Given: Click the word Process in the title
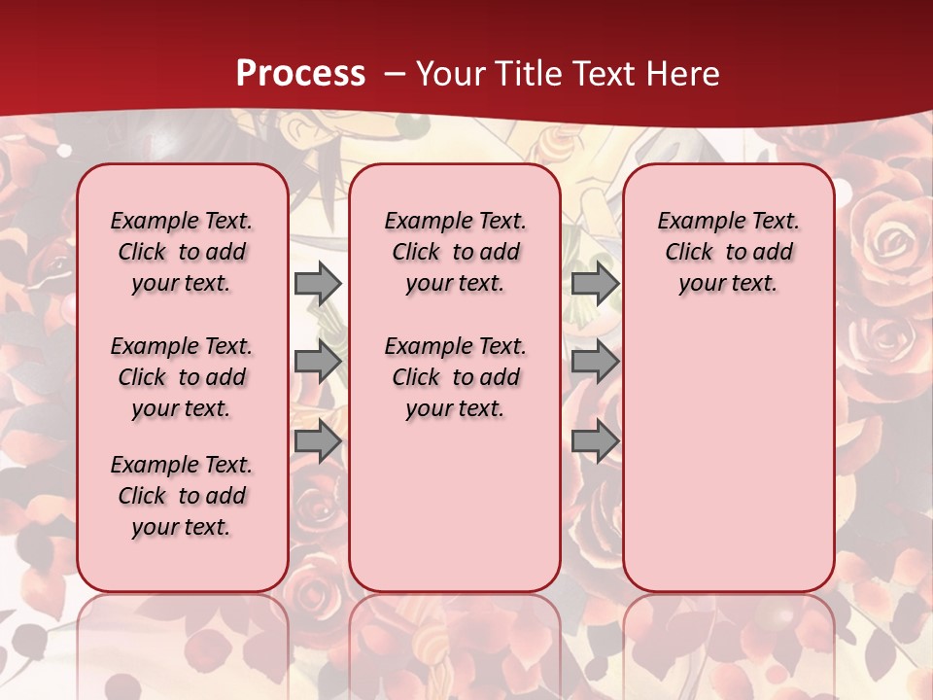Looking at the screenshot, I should [x=300, y=74].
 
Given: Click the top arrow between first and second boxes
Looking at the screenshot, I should [x=318, y=283].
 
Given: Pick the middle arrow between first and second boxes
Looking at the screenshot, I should [x=318, y=362].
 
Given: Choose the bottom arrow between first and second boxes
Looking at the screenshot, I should [x=318, y=441].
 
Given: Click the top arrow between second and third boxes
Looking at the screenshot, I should [x=595, y=283].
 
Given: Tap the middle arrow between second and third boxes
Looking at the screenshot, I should [x=595, y=362].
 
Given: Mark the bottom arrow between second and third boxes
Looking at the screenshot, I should [x=595, y=441].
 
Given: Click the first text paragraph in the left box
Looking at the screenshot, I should [x=182, y=252].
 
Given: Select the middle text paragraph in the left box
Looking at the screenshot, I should [x=182, y=377].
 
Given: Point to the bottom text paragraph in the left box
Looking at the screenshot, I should [x=182, y=496].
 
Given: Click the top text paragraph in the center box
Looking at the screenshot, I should [x=455, y=252].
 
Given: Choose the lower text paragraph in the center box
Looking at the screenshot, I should [x=455, y=377].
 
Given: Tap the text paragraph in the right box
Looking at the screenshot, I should [x=729, y=252].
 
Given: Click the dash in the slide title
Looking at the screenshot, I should [x=395, y=74].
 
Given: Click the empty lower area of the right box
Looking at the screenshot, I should [x=729, y=447].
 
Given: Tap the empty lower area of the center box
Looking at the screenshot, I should [x=455, y=506].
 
